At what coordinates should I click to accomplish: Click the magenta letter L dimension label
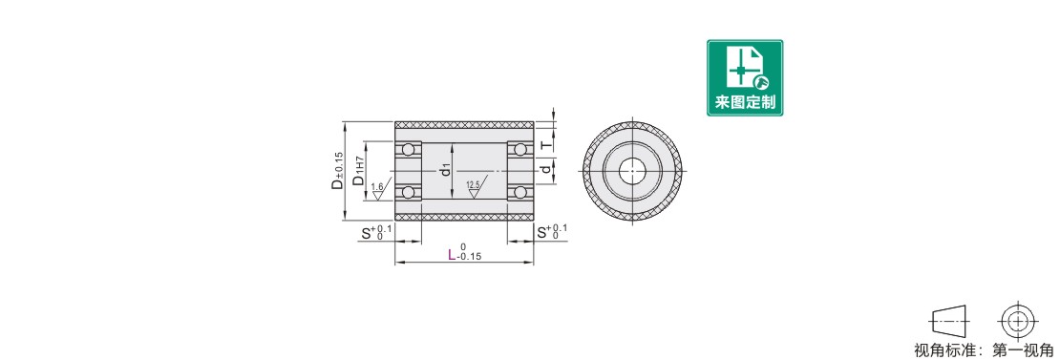[453, 255]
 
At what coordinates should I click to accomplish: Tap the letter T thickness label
[546, 144]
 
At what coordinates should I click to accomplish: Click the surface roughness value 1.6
[377, 186]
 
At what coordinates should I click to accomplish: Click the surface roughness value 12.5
[473, 184]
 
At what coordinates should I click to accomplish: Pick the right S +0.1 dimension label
[552, 232]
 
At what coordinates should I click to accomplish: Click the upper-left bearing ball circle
[409, 149]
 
